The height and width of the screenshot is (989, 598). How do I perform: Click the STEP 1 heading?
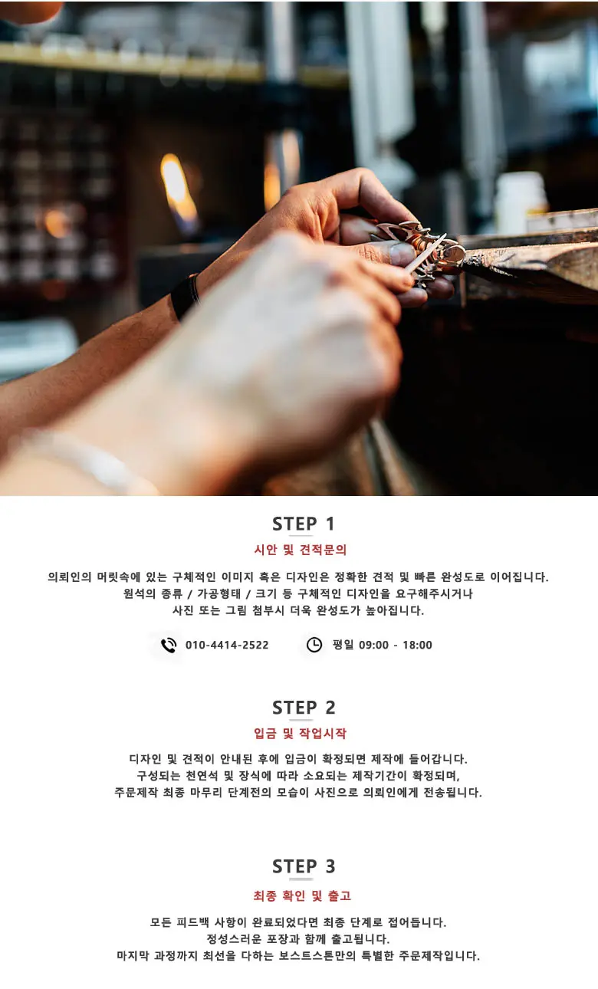[303, 524]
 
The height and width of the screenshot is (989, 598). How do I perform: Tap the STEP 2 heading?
[304, 708]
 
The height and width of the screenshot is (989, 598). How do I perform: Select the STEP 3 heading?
[304, 866]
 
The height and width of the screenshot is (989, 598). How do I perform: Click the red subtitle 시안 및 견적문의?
[301, 550]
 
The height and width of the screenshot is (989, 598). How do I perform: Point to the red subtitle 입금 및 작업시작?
[301, 734]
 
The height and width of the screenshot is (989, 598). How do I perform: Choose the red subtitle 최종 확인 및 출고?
[302, 895]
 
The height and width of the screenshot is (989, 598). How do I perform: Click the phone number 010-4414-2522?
[227, 645]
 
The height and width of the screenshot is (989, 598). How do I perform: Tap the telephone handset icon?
[169, 646]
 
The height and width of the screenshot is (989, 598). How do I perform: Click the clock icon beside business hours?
[314, 645]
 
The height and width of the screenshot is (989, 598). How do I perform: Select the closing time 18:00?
[417, 645]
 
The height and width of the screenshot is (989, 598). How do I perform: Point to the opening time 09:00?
[373, 645]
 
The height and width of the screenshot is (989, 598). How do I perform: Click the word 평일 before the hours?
[343, 645]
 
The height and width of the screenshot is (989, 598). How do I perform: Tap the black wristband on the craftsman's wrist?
[185, 296]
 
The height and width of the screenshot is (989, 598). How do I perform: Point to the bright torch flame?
[179, 190]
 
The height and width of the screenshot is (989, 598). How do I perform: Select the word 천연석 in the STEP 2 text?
[202, 776]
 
